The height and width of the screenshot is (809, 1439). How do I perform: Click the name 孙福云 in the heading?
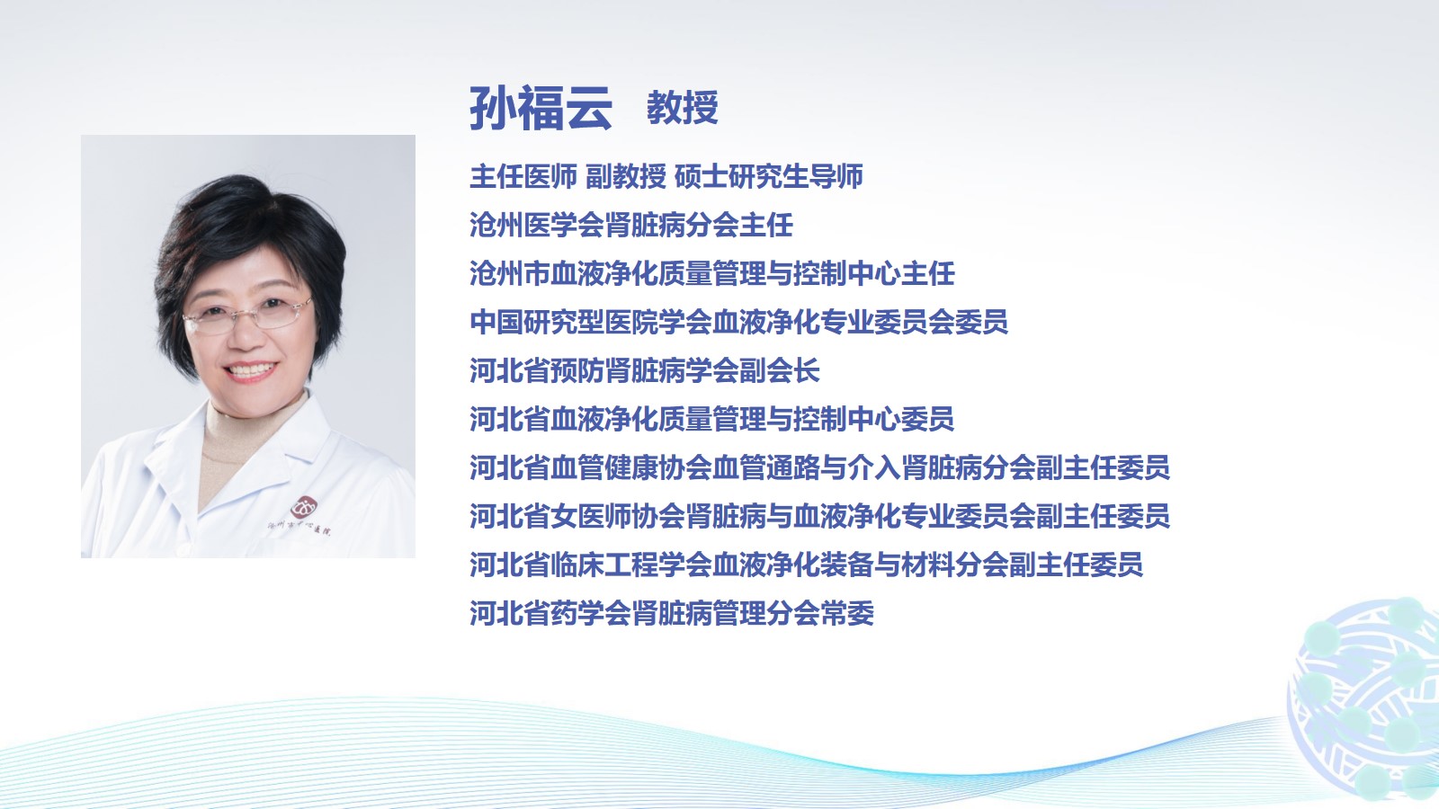coord(541,108)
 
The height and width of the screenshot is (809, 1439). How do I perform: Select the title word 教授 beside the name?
coord(683,107)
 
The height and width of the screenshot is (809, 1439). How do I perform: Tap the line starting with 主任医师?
coord(666,176)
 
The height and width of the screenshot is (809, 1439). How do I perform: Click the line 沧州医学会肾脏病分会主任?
coord(631,225)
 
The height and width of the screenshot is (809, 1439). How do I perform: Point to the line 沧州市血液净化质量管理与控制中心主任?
coord(712,273)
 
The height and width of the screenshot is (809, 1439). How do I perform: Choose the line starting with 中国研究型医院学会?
coord(738,322)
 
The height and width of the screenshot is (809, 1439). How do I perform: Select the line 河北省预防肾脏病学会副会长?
coord(645,370)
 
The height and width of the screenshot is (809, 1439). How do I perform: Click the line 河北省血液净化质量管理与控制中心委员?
coord(711,419)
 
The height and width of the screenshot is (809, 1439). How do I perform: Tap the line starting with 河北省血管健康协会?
coord(819,467)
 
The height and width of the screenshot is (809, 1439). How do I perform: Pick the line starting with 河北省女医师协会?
coord(819,516)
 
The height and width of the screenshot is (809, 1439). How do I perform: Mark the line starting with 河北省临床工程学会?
coord(806,565)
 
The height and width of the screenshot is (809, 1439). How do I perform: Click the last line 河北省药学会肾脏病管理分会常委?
coord(672,613)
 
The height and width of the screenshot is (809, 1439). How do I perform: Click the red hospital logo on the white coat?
coord(304,507)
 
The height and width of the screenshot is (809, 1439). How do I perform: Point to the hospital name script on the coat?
coord(299,528)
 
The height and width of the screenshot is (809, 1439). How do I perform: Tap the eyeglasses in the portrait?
coord(247,316)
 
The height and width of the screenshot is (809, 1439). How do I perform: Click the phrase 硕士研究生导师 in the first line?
coord(769,176)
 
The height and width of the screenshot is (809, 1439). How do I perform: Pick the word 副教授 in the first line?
coord(626,176)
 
